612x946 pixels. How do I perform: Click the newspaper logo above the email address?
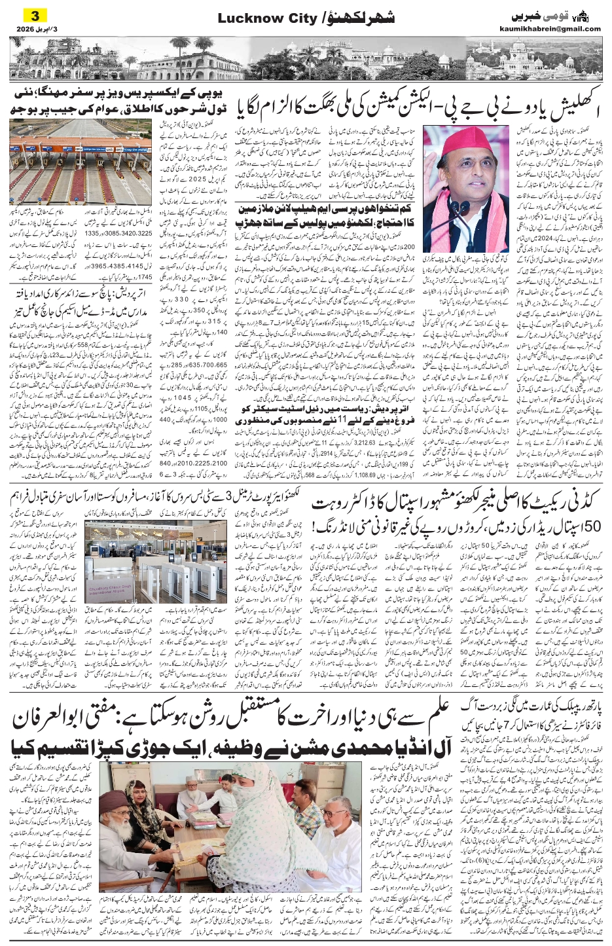coord(573,14)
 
